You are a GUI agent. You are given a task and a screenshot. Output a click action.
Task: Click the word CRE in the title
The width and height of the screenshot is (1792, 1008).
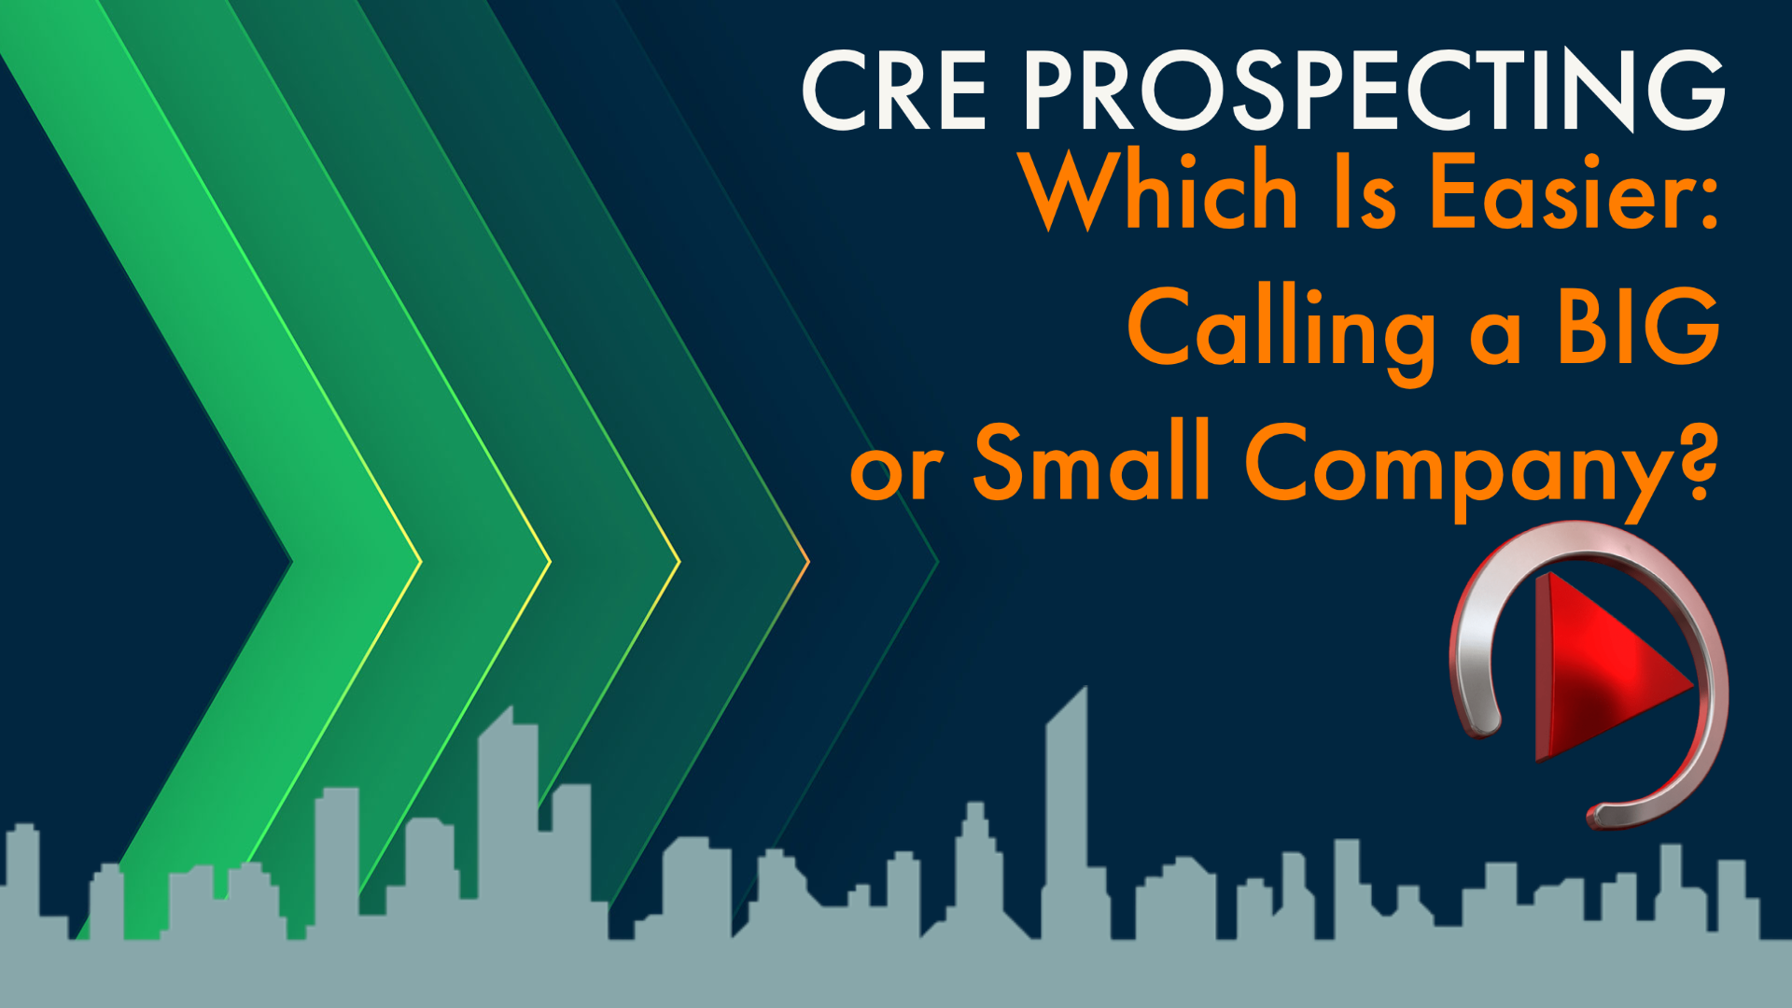coord(894,91)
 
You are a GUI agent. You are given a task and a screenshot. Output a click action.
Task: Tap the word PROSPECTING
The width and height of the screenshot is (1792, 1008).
coord(1374,91)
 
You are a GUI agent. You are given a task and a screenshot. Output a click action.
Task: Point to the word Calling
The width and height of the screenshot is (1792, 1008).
coord(1281,329)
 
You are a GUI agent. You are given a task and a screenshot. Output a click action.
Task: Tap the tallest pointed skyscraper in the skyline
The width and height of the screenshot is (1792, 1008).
coord(1067,793)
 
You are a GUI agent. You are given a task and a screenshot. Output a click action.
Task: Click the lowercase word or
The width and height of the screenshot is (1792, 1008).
coord(896,471)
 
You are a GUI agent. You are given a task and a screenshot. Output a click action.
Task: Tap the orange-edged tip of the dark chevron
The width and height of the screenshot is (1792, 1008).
coord(806,561)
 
